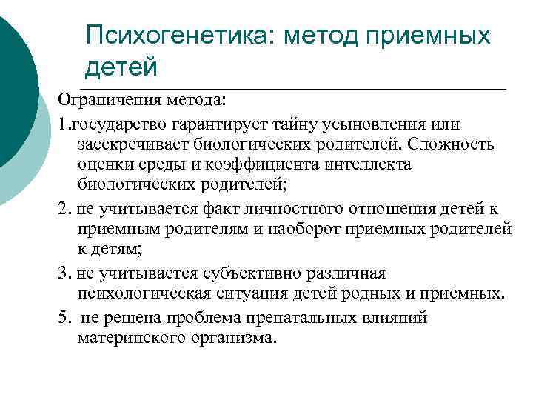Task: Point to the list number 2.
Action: [x=63, y=205]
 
